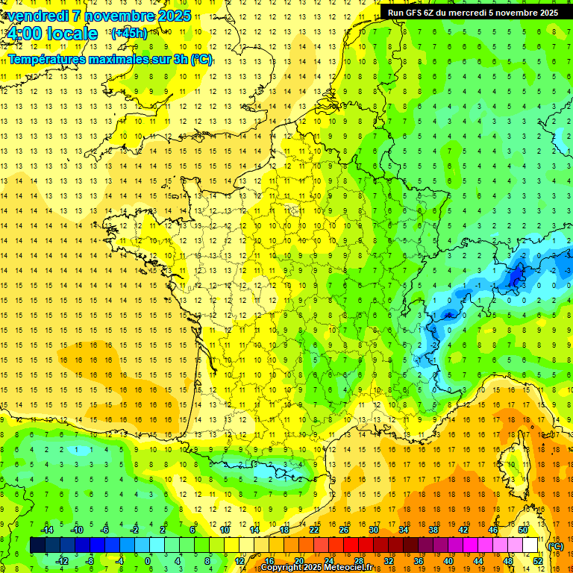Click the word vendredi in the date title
pyautogui.click(x=37, y=16)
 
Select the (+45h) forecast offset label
pyautogui.click(x=129, y=34)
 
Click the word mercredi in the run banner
pyautogui.click(x=466, y=13)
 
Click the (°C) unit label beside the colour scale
pyautogui.click(x=556, y=546)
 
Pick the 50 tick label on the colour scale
pyautogui.click(x=523, y=530)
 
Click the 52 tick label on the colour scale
pyautogui.click(x=538, y=561)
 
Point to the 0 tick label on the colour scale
pyautogui.click(x=148, y=561)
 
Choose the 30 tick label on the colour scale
pyautogui.click(x=374, y=530)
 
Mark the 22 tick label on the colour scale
pyautogui.click(x=314, y=530)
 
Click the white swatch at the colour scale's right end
pyautogui.click(x=530, y=545)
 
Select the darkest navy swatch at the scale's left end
pyautogui.click(x=37, y=545)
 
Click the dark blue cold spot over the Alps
pyautogui.click(x=515, y=278)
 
